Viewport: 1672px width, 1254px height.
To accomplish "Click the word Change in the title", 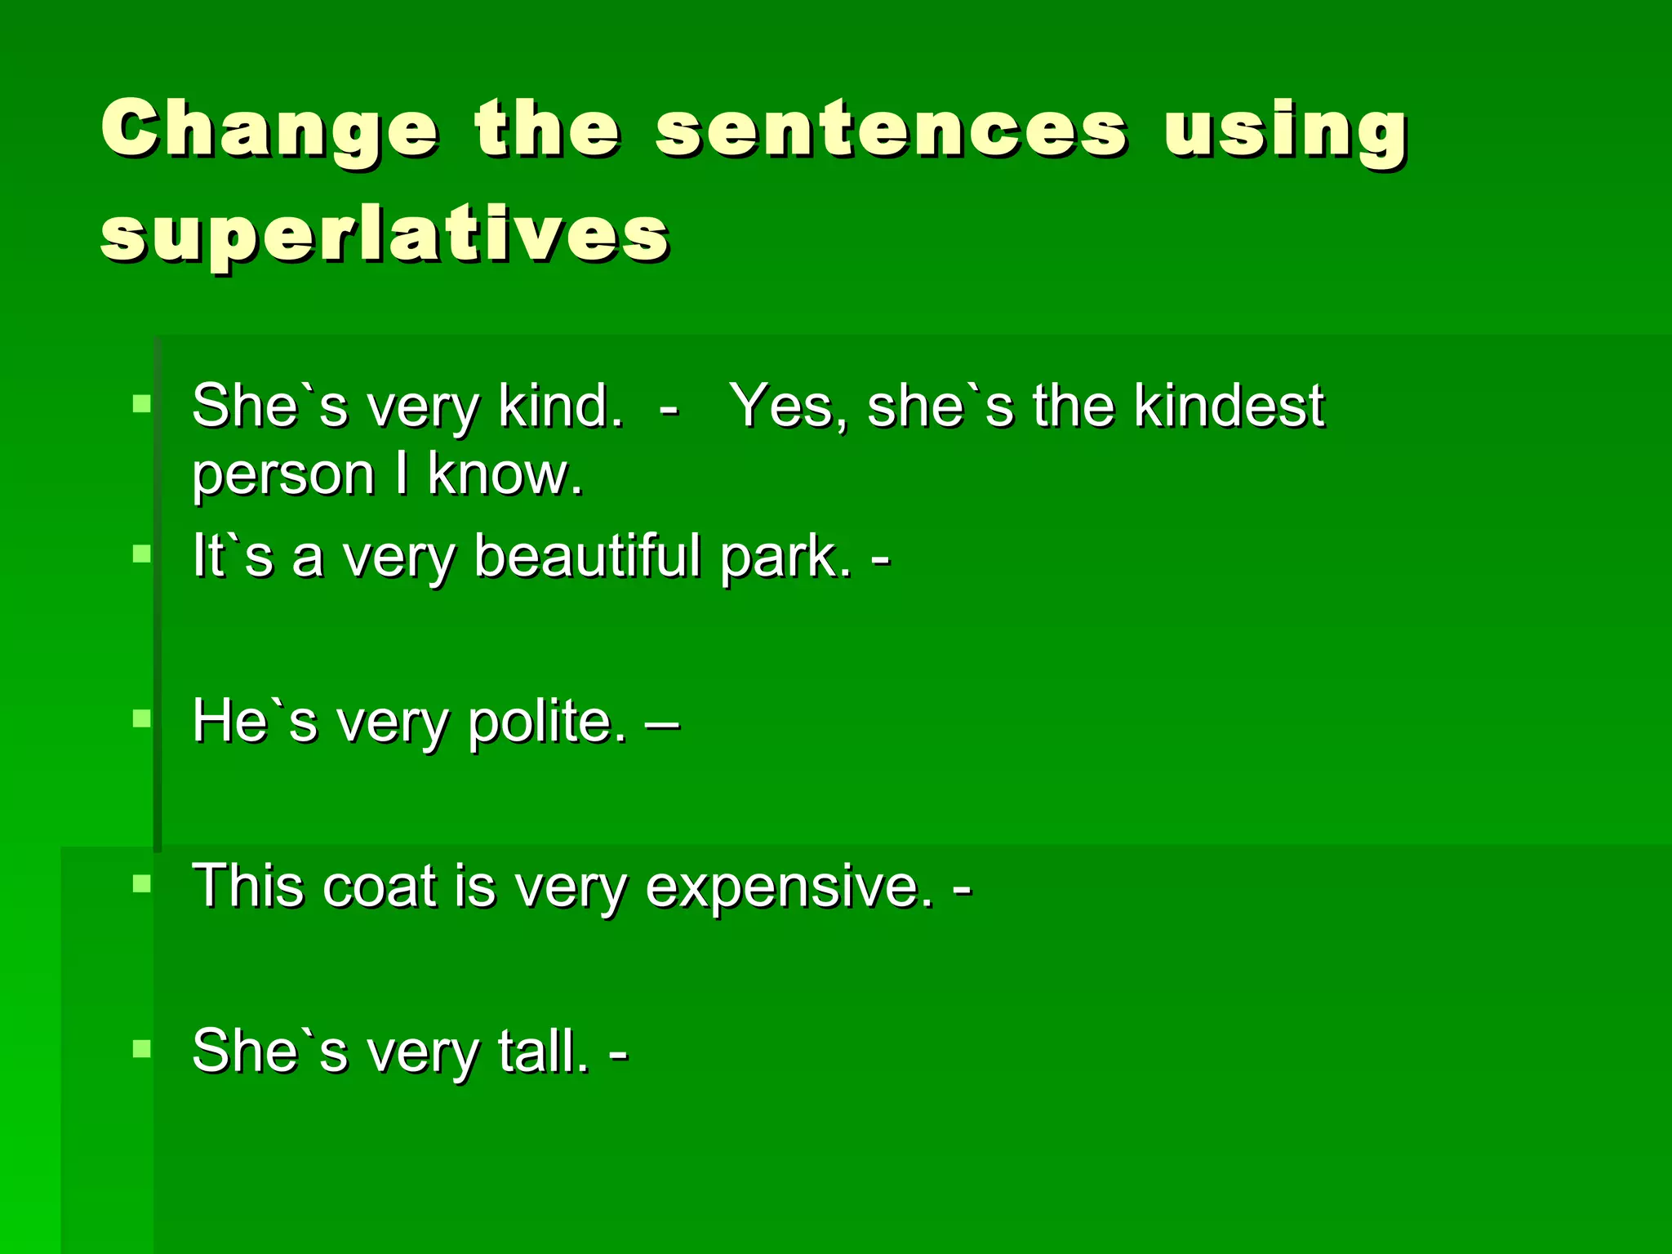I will tap(269, 131).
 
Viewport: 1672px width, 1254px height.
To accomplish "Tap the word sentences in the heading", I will tap(892, 131).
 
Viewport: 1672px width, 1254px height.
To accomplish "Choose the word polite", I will tap(548, 723).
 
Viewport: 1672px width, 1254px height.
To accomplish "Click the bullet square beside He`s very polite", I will tap(142, 718).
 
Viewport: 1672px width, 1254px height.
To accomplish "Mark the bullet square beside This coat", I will tap(142, 883).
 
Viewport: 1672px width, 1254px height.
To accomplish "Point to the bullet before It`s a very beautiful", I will tap(142, 554).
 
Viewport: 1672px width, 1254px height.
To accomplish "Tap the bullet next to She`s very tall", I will tap(142, 1048).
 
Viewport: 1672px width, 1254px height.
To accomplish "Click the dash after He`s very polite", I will tap(661, 723).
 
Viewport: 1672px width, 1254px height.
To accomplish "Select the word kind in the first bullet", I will tap(560, 406).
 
